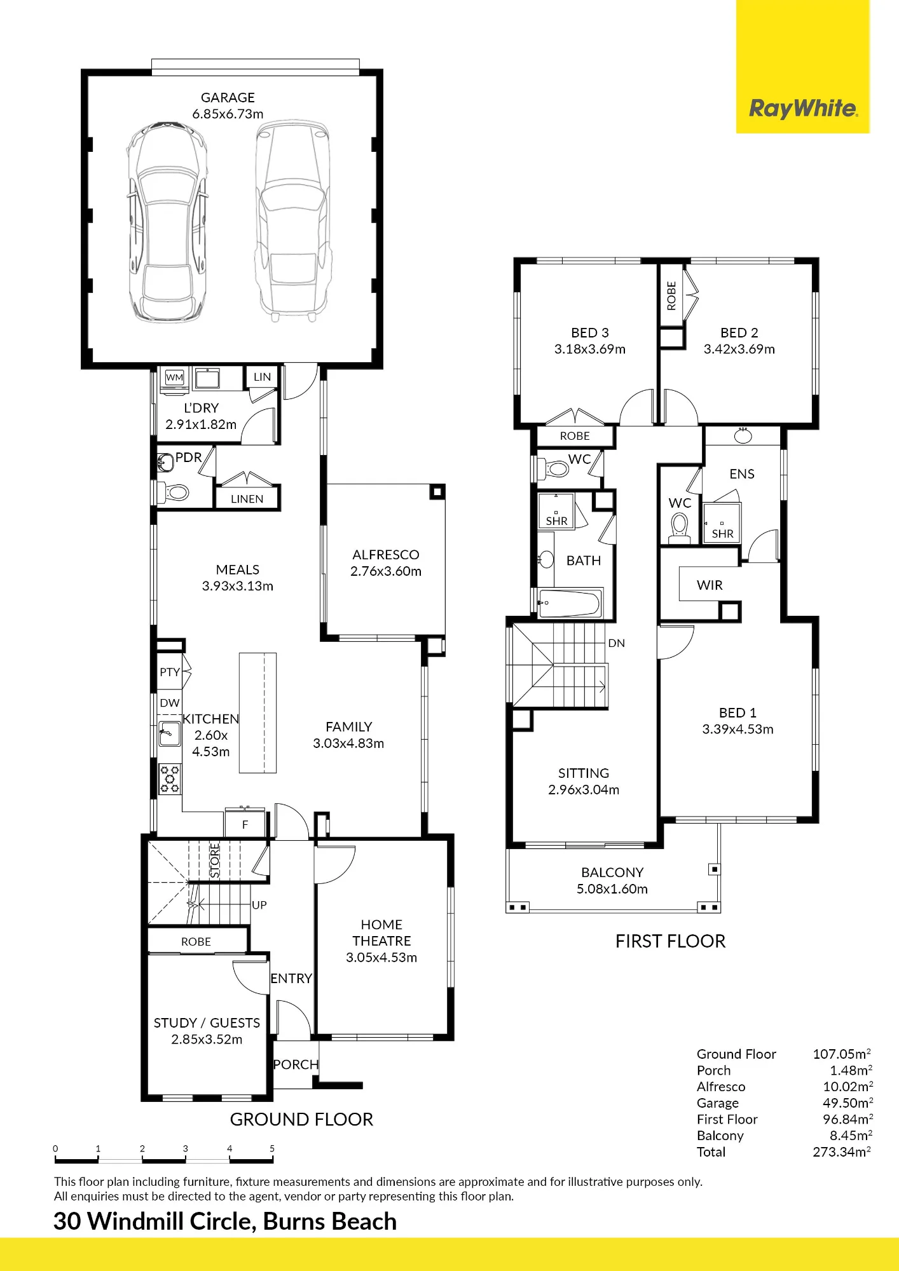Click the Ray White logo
pos(803,108)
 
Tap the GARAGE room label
pos(228,97)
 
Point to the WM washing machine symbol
pos(174,377)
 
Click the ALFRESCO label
pos(386,555)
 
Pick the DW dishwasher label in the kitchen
pos(170,703)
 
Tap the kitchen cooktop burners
pos(170,778)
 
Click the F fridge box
pos(245,824)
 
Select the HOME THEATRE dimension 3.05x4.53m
pos(381,958)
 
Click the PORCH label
pos(296,1064)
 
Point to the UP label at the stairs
pos(259,905)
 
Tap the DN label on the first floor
pos(617,643)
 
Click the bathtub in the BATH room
pos(569,603)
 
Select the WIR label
pos(710,585)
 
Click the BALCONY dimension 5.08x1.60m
pos(612,889)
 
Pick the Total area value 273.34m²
pos(842,1152)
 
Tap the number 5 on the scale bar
pos(272,1148)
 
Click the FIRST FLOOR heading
pos(670,941)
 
